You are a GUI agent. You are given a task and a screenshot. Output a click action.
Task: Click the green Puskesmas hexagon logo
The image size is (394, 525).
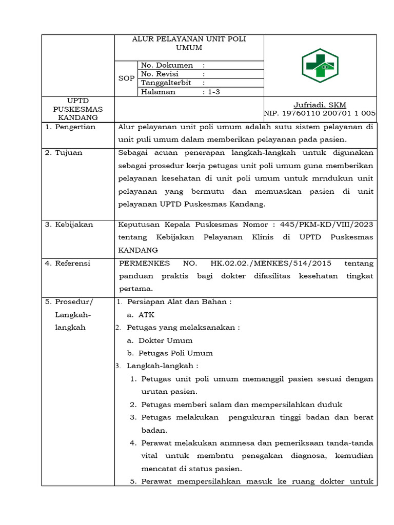[x=320, y=65]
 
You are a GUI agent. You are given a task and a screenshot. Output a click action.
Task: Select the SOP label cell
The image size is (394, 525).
[x=126, y=78]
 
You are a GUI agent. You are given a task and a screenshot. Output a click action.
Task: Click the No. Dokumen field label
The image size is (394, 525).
[x=167, y=65]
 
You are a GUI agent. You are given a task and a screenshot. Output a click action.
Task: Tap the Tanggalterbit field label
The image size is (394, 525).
[x=166, y=83]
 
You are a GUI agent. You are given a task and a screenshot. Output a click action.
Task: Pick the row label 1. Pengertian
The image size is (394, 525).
[x=70, y=127]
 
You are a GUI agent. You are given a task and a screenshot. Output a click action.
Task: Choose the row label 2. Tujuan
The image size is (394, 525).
[x=64, y=153]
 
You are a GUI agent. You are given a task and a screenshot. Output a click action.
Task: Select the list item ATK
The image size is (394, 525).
[x=146, y=315]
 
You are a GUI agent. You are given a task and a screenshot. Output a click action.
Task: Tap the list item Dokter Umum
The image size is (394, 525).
[x=165, y=340]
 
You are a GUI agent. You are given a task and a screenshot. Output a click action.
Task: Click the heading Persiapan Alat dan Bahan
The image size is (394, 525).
[x=179, y=302]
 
